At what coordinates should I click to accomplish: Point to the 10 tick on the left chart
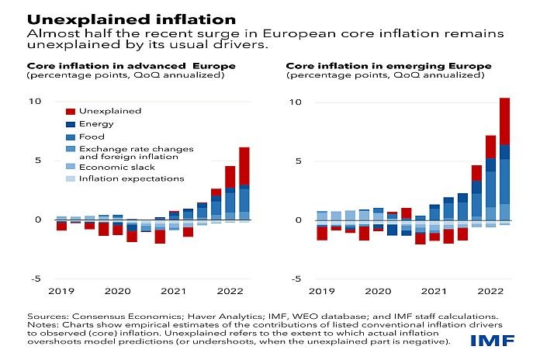pos(34,102)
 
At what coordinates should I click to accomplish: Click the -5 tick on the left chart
pos(34,279)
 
